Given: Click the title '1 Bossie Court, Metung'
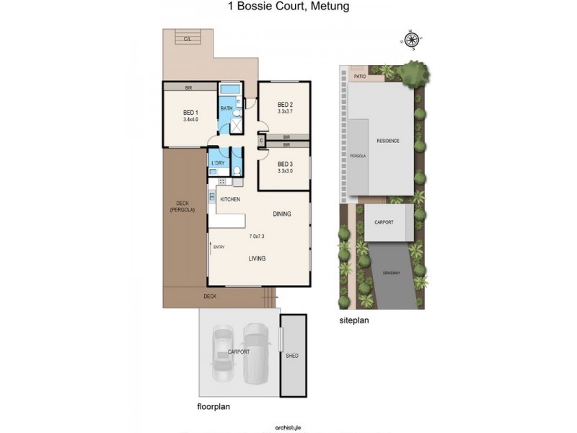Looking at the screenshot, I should (288, 6).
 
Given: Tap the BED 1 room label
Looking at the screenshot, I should (190, 113).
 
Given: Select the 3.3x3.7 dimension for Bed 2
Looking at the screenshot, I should (285, 112).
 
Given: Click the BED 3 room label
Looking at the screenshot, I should (285, 164).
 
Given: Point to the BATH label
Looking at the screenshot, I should (226, 109).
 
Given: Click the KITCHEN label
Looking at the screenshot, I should (230, 199).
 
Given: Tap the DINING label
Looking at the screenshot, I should (282, 214).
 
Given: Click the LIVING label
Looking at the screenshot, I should (257, 258).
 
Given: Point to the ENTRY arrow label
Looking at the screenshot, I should (219, 248).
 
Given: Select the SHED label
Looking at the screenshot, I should (292, 356).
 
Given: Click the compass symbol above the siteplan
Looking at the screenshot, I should (412, 40).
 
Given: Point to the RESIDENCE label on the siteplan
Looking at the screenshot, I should (387, 141).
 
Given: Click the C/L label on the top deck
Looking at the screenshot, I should (187, 38).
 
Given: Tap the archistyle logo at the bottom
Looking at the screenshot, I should (288, 427).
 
